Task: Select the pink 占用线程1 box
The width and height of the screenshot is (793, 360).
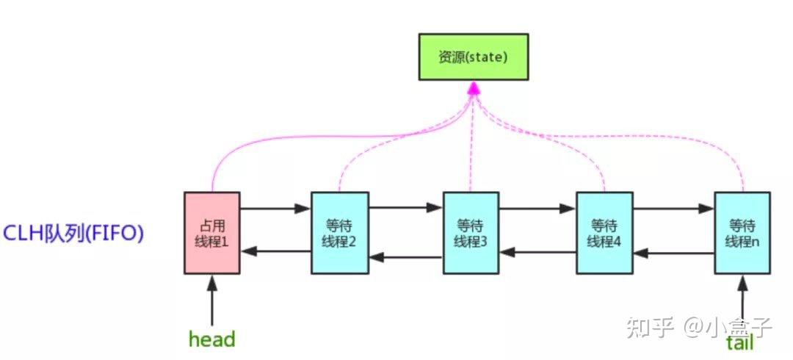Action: [x=211, y=233]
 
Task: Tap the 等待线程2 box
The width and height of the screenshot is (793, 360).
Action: [x=339, y=233]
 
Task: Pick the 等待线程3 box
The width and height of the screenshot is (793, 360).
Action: [x=471, y=233]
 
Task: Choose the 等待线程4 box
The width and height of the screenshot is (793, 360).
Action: [x=604, y=233]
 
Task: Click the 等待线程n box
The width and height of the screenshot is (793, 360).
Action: [x=742, y=233]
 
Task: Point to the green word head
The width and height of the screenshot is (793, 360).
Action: [x=211, y=339]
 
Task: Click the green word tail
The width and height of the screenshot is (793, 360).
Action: [x=739, y=342]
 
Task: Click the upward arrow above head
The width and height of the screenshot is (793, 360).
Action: [x=211, y=301]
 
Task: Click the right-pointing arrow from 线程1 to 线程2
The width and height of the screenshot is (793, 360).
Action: [x=275, y=209]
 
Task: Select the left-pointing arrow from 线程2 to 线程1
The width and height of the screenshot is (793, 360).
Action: [x=275, y=252]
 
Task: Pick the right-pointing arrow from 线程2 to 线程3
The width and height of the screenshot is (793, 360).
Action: [x=405, y=209]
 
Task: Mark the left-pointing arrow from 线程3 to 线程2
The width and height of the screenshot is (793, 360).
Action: [x=405, y=257]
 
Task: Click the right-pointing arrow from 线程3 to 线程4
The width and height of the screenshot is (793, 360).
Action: [x=537, y=209]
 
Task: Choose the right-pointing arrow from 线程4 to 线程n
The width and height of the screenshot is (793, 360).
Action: [x=673, y=209]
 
